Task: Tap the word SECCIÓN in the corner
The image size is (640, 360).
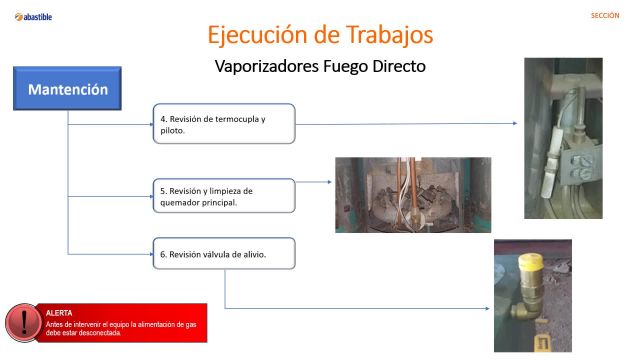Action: click(x=605, y=16)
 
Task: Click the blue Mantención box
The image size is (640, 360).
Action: click(x=67, y=89)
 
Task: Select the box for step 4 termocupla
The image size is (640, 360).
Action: click(x=224, y=124)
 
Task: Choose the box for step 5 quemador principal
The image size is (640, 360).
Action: click(x=224, y=195)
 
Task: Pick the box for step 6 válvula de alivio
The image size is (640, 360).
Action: click(x=224, y=254)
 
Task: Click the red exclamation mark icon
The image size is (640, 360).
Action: click(x=22, y=322)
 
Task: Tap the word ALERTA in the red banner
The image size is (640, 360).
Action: click(x=59, y=313)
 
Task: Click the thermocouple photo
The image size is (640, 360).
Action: click(x=563, y=137)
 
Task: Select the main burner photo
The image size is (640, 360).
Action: click(x=412, y=194)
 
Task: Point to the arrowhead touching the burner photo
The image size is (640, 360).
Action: click(x=330, y=182)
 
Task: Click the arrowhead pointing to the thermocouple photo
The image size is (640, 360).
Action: click(x=516, y=124)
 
